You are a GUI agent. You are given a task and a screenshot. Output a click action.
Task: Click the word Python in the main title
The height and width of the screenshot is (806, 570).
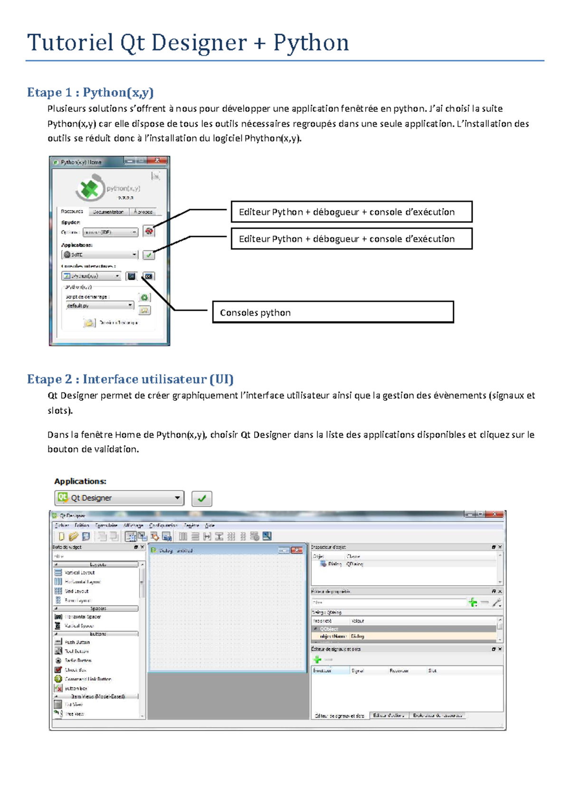(x=311, y=43)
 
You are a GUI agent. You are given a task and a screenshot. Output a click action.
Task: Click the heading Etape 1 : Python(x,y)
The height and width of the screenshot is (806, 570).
(x=90, y=92)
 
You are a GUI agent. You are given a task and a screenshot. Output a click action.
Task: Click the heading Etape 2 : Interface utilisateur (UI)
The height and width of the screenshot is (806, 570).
(x=130, y=379)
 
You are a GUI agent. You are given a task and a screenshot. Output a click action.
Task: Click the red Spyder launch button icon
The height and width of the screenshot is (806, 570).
(x=149, y=231)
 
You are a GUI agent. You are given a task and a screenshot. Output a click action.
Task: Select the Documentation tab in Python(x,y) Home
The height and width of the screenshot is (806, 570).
(x=108, y=212)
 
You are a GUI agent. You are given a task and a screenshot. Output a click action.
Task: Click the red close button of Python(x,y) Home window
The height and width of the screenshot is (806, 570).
(x=158, y=161)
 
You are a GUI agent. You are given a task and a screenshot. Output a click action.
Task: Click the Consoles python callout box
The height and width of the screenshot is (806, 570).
(x=332, y=312)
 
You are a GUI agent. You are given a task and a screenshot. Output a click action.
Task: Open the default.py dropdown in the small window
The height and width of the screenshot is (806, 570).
(x=130, y=305)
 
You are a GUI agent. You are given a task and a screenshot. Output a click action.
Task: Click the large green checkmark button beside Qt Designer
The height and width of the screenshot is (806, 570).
(x=202, y=499)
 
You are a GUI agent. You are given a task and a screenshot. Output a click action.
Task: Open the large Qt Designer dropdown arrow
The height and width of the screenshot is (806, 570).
(x=177, y=498)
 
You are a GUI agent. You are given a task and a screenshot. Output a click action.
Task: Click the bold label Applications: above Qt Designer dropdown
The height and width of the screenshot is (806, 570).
(x=80, y=481)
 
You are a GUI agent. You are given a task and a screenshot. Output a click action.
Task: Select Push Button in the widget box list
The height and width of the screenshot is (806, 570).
(x=77, y=642)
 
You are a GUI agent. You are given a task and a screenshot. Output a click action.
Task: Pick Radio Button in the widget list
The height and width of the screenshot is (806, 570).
(x=78, y=661)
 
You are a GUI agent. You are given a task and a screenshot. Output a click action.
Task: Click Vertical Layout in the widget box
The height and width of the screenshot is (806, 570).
(x=79, y=573)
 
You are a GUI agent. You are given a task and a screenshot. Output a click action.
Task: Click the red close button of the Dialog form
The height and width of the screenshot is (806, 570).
(x=297, y=550)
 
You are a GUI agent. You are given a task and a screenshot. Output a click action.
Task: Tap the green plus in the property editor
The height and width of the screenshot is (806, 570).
(x=473, y=603)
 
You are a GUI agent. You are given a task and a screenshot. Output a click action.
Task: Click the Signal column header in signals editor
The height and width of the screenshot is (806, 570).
(x=358, y=671)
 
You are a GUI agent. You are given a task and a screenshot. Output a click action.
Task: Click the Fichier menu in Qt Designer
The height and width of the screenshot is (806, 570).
(x=62, y=526)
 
